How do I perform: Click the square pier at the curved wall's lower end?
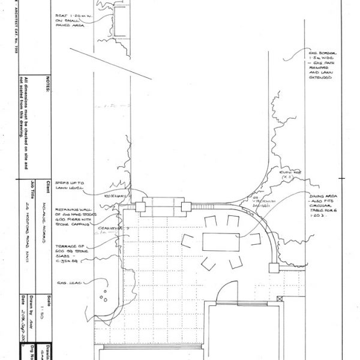[x=274, y=265]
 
